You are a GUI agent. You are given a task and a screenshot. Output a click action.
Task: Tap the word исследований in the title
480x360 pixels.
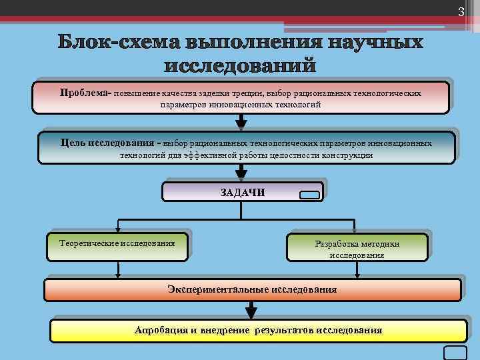[239, 66]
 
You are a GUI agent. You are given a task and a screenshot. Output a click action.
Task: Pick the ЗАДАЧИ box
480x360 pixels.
[243, 192]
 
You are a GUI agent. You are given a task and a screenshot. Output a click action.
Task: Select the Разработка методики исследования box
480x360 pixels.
[357, 247]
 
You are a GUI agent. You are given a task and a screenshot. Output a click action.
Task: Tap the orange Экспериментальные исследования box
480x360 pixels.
[252, 290]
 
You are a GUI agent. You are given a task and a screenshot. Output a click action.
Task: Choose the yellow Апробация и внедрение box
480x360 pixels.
[259, 330]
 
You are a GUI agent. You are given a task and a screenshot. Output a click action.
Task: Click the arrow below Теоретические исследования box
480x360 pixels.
[118, 268]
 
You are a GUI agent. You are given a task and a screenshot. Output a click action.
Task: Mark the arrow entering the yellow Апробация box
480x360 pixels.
[251, 310]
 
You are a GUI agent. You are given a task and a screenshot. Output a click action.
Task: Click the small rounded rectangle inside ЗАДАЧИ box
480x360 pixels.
[310, 196]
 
